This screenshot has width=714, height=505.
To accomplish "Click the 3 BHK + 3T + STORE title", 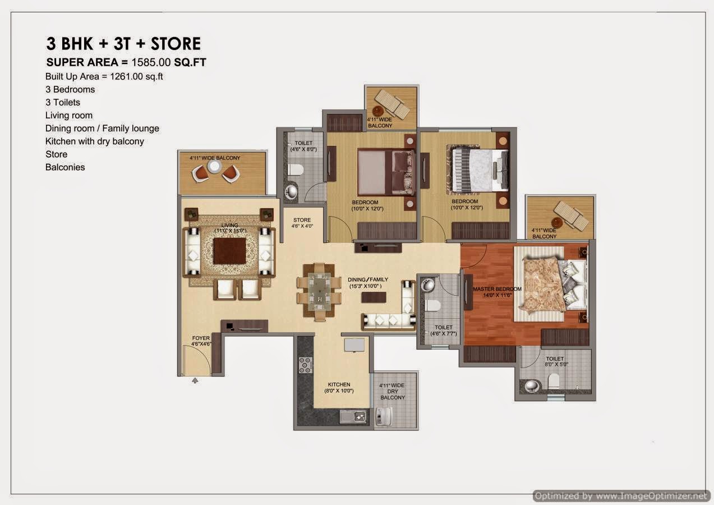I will (x=123, y=44).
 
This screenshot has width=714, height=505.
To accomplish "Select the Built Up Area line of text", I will (x=104, y=76).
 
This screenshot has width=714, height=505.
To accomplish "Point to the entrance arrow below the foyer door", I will (x=195, y=380).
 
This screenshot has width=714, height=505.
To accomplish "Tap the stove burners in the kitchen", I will (x=306, y=365).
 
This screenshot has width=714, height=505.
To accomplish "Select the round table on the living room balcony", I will (x=214, y=167).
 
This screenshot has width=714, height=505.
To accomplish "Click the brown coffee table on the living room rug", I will (x=229, y=251).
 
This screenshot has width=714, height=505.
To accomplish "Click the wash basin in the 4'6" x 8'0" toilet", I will (x=292, y=191).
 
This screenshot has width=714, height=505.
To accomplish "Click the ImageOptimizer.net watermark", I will (x=621, y=495).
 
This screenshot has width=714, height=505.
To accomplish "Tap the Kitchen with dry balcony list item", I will (x=94, y=141).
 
